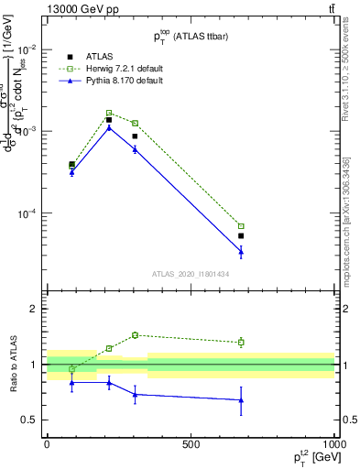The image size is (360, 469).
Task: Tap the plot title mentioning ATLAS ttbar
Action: pyautogui.click(x=191, y=36)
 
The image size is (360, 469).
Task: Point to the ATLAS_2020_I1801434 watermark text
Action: pyautogui.click(x=191, y=273)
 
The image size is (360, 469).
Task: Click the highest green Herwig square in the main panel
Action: pyautogui.click(x=109, y=113)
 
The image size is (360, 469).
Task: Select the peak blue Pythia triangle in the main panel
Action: pyautogui.click(x=109, y=127)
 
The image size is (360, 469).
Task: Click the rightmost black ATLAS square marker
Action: pyautogui.click(x=241, y=235)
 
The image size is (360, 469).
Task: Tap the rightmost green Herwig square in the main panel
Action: pyautogui.click(x=241, y=225)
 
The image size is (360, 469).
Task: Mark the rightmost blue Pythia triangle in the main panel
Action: pyautogui.click(x=241, y=250)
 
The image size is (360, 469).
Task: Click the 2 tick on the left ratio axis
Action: pyautogui.click(x=37, y=309)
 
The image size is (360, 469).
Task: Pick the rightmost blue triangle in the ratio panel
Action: pyautogui.click(x=241, y=400)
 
